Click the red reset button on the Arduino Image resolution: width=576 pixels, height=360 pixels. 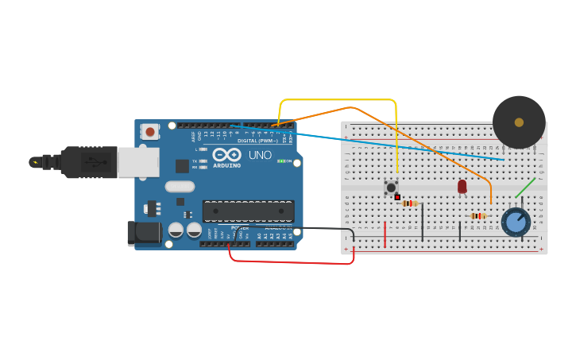pos(150,131)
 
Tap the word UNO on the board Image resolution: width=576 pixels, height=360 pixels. pos(260,155)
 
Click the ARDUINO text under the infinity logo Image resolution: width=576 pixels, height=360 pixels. pos(226,165)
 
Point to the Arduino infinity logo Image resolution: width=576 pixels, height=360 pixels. pos(226,155)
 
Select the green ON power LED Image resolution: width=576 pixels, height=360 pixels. pos(280,161)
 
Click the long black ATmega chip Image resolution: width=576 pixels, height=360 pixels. pos(249,211)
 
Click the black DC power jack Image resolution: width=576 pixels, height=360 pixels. pos(144,232)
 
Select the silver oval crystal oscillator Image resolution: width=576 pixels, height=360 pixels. pos(180,187)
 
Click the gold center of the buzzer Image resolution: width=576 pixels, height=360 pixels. pos(519,122)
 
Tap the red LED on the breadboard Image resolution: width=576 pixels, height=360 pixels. pos(462,186)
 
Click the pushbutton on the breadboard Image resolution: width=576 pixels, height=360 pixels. pos(391,188)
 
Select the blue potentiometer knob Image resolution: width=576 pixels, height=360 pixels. pos(516,222)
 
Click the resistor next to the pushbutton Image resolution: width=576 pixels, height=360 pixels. pos(410,203)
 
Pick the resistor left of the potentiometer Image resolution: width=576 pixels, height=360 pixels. pos(477,215)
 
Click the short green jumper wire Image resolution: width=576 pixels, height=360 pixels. pos(524,188)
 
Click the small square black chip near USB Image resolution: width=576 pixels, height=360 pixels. pos(182,165)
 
